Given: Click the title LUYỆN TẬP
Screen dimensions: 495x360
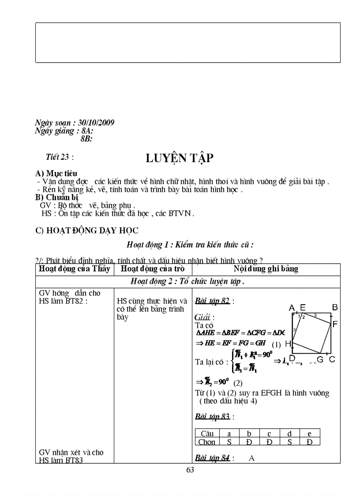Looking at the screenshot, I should (x=180, y=159).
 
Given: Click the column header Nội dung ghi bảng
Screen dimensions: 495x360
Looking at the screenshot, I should (x=266, y=269).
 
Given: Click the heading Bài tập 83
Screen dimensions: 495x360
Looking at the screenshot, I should (x=212, y=416).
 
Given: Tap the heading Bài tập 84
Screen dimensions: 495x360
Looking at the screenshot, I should (x=212, y=458).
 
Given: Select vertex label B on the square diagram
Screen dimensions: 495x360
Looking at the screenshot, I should (x=335, y=307).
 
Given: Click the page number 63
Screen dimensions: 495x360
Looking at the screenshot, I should (x=190, y=470).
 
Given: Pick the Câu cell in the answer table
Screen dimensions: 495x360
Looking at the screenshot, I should (x=207, y=434).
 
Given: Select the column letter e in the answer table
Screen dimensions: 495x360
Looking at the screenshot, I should (x=309, y=434).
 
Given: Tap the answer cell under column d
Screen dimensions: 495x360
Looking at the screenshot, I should (x=289, y=442).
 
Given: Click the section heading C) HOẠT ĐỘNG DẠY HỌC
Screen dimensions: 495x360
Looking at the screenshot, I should (x=87, y=231).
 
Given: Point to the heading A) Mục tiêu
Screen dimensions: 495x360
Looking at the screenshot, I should (x=56, y=174).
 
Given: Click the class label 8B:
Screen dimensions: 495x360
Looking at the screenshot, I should (x=86, y=138).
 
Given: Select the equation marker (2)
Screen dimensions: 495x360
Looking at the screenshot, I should (x=238, y=383).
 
